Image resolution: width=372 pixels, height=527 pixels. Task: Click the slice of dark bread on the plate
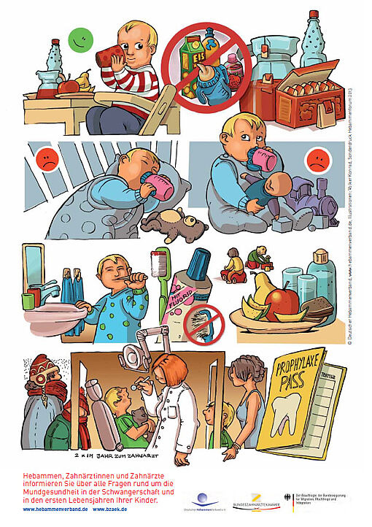click(x=318, y=307)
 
